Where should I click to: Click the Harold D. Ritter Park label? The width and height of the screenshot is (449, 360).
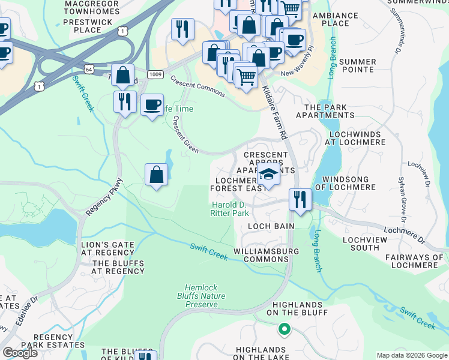coord(229,209)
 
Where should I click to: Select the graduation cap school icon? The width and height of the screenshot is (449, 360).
coord(269,175)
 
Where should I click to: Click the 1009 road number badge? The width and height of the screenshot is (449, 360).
coord(155,74)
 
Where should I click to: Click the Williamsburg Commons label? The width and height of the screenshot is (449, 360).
coord(261,255)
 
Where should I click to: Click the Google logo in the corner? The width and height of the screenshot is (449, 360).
coord(20,352)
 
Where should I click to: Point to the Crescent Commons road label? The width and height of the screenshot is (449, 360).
coord(197,86)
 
